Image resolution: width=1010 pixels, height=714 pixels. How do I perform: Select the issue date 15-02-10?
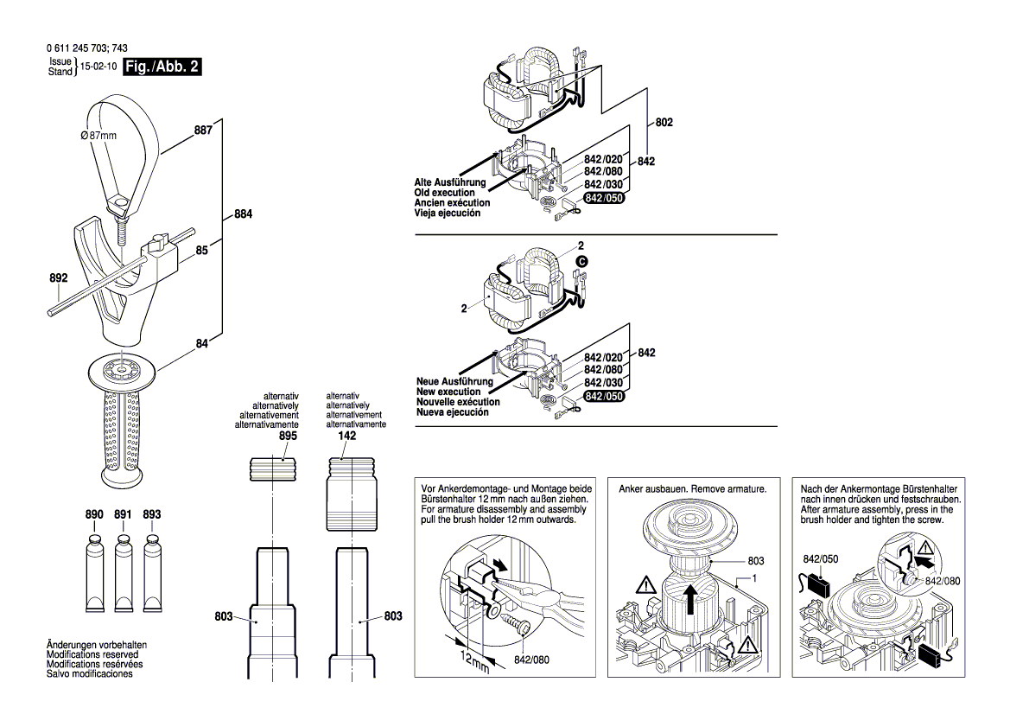pyautogui.click(x=98, y=67)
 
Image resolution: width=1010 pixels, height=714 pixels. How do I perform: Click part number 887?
pyautogui.click(x=203, y=131)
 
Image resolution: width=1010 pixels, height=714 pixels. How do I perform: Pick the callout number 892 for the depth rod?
pyautogui.click(x=58, y=279)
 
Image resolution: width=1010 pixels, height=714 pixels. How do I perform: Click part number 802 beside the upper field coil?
pyautogui.click(x=664, y=124)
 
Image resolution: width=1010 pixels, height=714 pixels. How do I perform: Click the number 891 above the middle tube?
pyautogui.click(x=123, y=515)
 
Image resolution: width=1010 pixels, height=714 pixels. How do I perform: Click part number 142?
pyautogui.click(x=346, y=437)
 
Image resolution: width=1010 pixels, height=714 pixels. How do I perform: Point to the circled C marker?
pyautogui.click(x=581, y=260)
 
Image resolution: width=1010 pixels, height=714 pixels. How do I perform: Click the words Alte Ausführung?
pyautogui.click(x=451, y=183)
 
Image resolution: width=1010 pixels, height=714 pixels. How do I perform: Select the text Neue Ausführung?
pyautogui.click(x=454, y=381)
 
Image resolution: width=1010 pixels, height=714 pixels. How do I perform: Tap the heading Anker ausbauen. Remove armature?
pyautogui.click(x=693, y=489)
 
